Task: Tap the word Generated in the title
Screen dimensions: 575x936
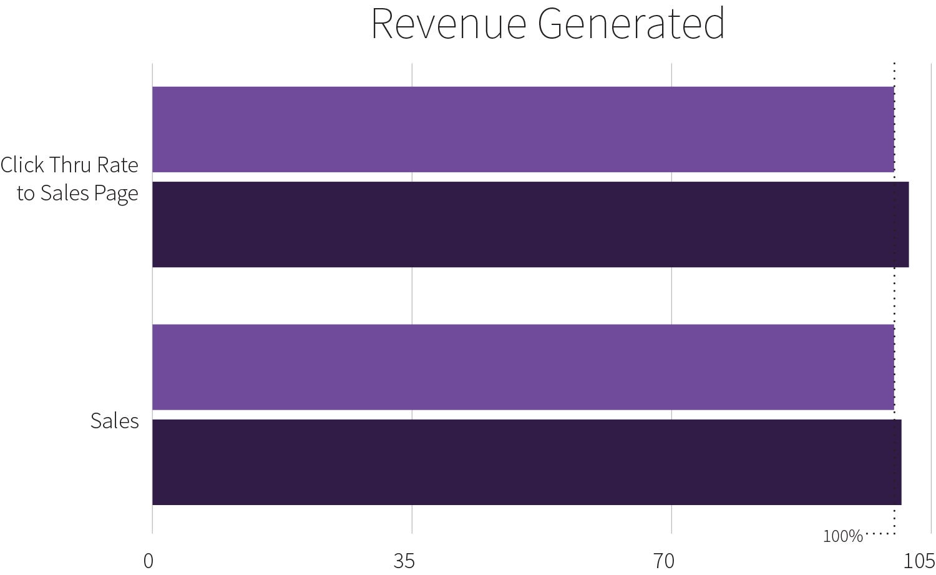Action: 630,24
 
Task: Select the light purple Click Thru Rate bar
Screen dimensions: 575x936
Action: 523,129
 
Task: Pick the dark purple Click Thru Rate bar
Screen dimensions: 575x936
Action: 530,225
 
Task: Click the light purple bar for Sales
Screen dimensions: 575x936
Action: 523,367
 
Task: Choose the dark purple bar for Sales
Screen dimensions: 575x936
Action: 527,462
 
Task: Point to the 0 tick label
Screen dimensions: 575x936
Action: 149,561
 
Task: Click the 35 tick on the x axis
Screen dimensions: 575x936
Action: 404,561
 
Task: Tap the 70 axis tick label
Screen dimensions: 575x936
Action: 665,561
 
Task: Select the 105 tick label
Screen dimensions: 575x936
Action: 919,561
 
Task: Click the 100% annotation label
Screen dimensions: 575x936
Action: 842,536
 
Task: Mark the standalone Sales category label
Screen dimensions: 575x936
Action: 115,421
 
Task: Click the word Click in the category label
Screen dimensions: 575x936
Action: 22,165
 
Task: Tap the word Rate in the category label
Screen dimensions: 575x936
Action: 118,165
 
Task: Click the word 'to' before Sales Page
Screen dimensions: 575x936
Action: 26,194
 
